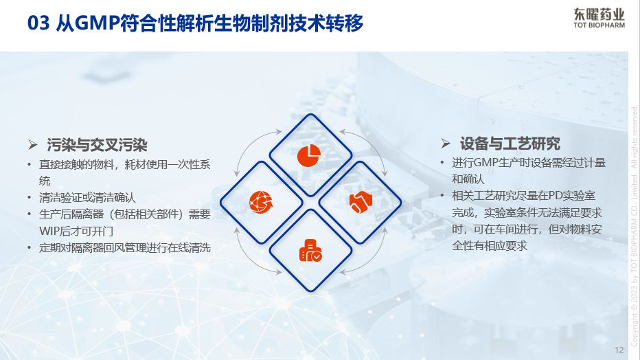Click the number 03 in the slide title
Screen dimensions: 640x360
click(x=38, y=23)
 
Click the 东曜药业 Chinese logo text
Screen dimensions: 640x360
click(x=599, y=14)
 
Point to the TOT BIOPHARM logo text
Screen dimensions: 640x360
click(x=599, y=25)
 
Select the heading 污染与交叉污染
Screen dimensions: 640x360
click(x=97, y=145)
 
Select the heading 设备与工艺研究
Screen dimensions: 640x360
click(x=510, y=144)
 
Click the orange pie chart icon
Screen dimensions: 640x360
click(x=309, y=155)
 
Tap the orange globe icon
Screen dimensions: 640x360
click(x=261, y=202)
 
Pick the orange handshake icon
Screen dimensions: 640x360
click(x=361, y=202)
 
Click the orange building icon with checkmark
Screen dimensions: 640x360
click(x=310, y=250)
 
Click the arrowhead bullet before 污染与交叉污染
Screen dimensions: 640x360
click(x=33, y=144)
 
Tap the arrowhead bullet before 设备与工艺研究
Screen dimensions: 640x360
click(x=446, y=144)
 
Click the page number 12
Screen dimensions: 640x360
click(x=619, y=350)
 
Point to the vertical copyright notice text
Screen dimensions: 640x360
click(x=634, y=227)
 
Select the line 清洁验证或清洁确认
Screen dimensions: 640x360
click(x=87, y=198)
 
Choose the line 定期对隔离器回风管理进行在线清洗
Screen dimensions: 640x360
click(x=125, y=248)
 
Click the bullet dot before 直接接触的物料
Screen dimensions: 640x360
click(x=30, y=165)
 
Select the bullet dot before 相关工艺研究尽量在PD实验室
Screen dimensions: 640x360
click(x=442, y=196)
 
